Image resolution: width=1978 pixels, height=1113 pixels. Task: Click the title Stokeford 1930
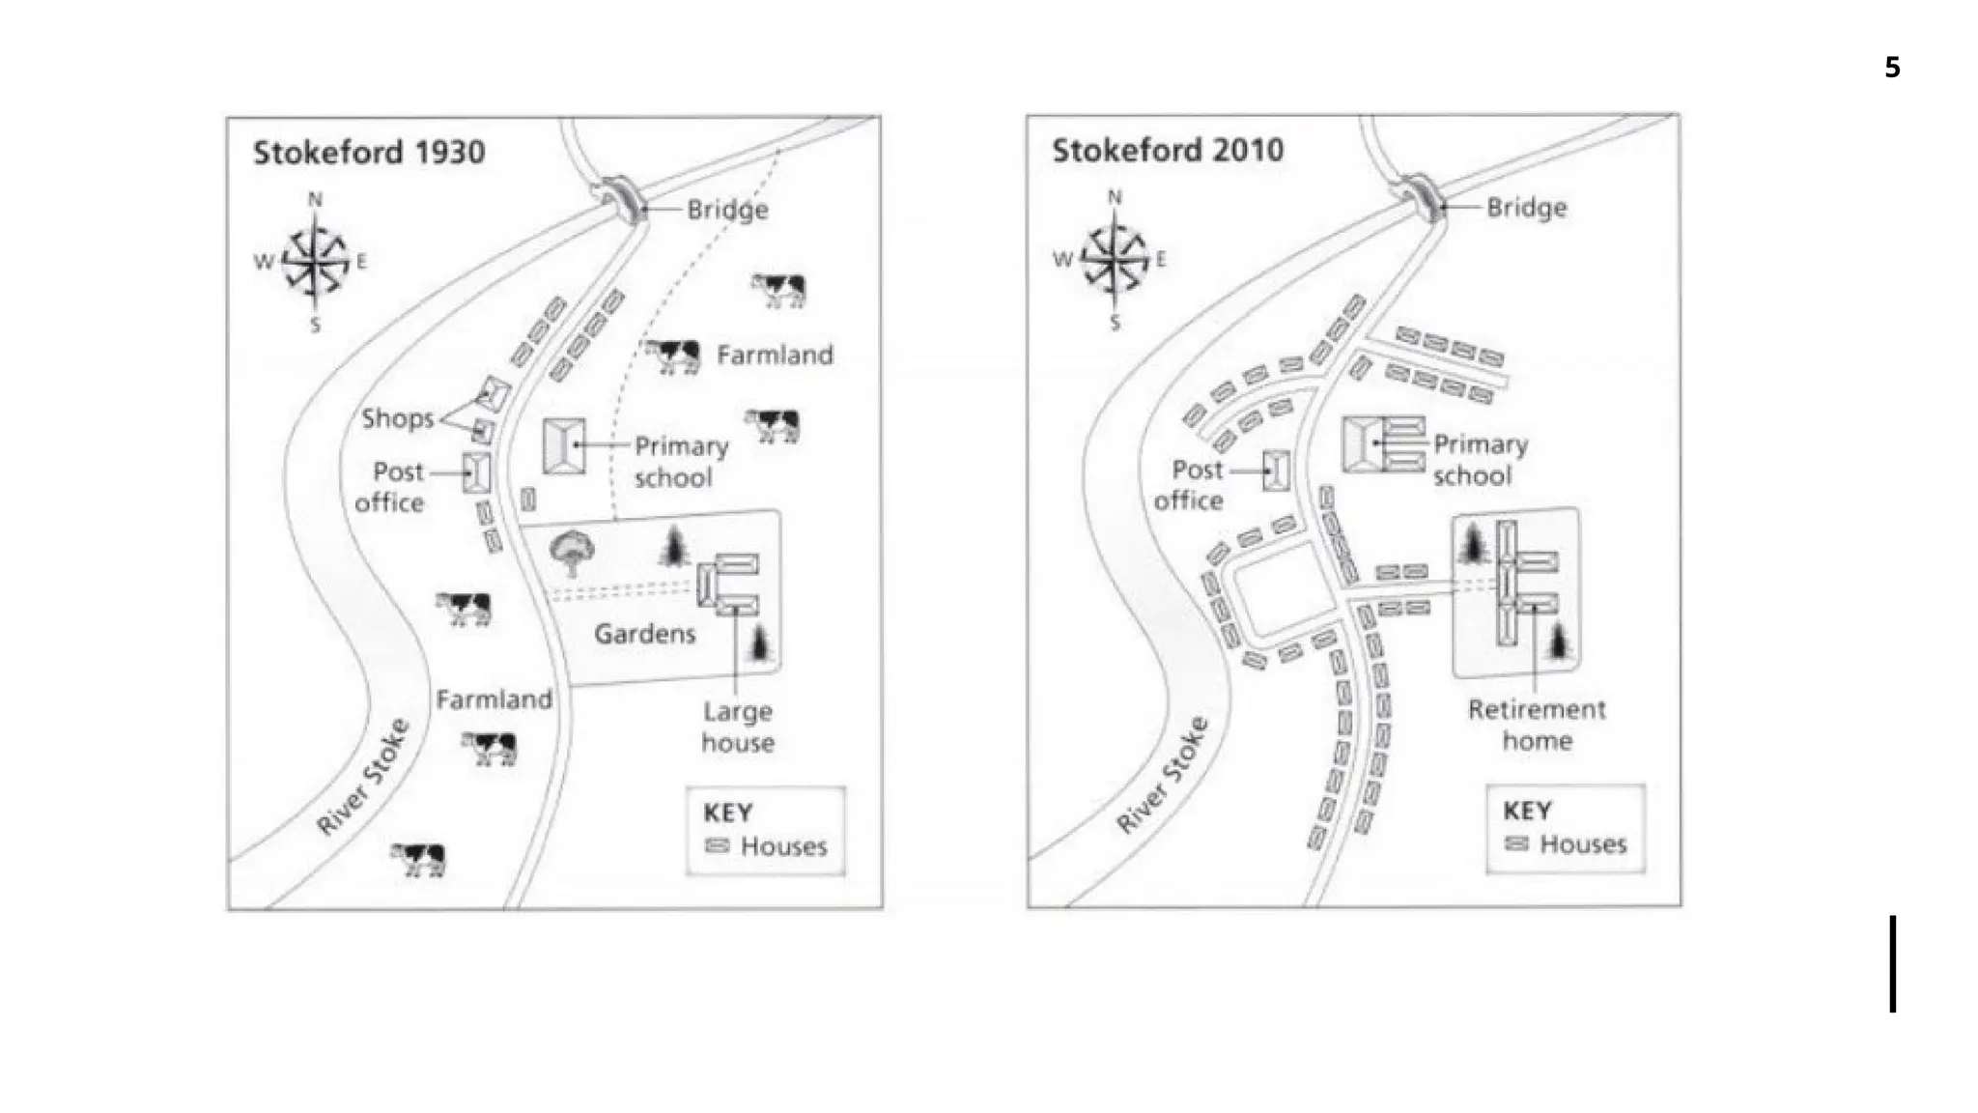(x=368, y=153)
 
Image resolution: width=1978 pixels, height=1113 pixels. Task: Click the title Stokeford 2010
(x=1167, y=151)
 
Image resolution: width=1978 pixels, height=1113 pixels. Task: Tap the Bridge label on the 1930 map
(x=727, y=210)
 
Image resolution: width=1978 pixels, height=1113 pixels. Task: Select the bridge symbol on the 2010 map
(x=1423, y=196)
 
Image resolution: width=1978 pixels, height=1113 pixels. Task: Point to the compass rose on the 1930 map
(x=316, y=261)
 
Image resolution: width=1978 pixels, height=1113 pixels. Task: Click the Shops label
(x=397, y=418)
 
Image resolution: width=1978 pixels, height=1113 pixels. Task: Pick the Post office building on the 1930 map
(x=476, y=472)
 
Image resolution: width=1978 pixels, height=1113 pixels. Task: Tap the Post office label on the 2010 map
(x=1189, y=485)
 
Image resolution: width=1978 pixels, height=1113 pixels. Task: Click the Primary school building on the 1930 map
(x=563, y=445)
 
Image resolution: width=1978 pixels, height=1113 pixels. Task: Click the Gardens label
(x=644, y=634)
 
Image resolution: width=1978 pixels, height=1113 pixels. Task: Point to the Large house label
(x=737, y=727)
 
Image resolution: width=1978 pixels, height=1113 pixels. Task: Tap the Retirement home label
(x=1536, y=725)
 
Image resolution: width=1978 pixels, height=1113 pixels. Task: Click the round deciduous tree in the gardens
(x=572, y=552)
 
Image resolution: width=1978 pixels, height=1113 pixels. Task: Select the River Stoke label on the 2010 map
(x=1162, y=775)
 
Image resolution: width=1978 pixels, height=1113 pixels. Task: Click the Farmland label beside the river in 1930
(x=494, y=699)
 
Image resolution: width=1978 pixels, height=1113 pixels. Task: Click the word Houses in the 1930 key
(x=783, y=846)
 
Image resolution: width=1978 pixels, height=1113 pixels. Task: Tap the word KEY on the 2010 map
(x=1527, y=811)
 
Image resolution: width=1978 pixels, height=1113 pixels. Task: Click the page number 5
(x=1892, y=68)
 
